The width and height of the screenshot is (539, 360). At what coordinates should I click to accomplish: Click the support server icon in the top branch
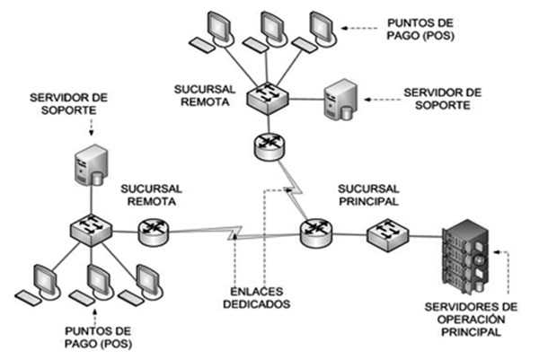[x=339, y=98]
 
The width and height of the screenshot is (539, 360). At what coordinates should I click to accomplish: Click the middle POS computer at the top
[x=268, y=30]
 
